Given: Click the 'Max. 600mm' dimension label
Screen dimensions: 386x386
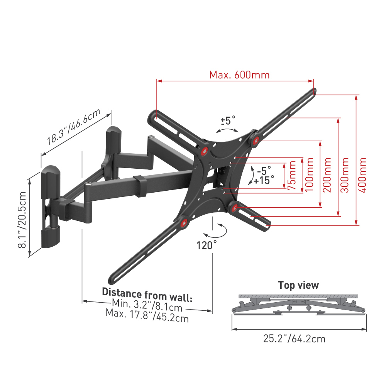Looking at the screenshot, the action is pos(239,75).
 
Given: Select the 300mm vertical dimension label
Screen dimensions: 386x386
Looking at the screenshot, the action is pos(344,175).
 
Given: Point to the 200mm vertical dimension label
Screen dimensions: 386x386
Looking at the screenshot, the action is pos(327,175).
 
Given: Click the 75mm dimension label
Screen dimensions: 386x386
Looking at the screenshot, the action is pos(292,175).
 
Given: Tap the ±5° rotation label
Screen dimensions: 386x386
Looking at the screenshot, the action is pos(228,120).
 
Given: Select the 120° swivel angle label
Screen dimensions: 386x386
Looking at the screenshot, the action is pos(207,245).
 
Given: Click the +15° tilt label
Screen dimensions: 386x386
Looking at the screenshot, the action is pos(264,180).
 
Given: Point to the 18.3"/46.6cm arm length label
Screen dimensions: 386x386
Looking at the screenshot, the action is pos(74,127).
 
